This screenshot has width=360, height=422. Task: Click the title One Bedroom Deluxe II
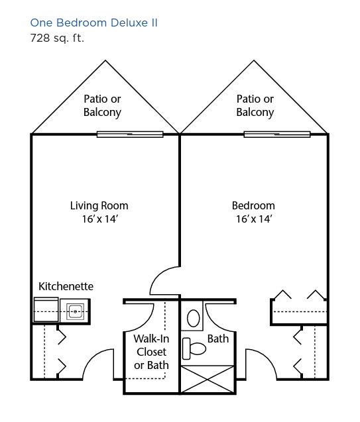tap(93, 23)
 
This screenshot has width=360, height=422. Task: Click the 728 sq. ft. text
tap(57, 38)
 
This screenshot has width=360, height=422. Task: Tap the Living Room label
tap(99, 205)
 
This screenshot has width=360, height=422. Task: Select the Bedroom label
tap(253, 205)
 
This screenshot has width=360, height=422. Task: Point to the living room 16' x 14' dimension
tap(100, 219)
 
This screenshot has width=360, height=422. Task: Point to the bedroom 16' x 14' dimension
tap(254, 219)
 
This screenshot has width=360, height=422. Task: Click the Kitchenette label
tap(66, 286)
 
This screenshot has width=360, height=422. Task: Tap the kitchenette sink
tap(75, 311)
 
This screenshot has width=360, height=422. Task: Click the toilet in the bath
tap(194, 348)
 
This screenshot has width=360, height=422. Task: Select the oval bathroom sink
tap(194, 318)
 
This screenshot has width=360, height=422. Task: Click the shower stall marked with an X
tap(207, 379)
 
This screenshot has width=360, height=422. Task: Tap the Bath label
tap(218, 339)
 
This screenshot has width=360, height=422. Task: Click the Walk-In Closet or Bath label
tap(151, 352)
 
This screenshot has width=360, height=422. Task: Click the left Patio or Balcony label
tap(102, 105)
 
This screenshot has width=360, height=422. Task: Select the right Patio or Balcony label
tap(255, 105)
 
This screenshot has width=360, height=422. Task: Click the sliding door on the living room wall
tap(130, 134)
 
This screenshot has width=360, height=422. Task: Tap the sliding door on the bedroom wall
tap(277, 134)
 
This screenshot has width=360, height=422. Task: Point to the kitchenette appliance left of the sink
tap(46, 310)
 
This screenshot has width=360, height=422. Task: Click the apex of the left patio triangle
tap(105, 60)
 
